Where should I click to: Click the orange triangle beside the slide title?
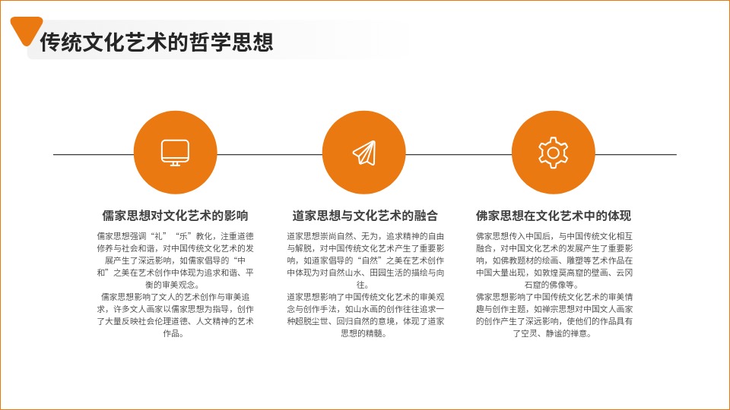click(x=26, y=29)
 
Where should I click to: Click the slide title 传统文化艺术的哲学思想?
click(x=157, y=42)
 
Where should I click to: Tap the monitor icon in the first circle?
click(x=175, y=153)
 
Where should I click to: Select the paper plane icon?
click(x=364, y=153)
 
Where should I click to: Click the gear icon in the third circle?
click(x=553, y=153)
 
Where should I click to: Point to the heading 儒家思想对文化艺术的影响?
click(x=175, y=216)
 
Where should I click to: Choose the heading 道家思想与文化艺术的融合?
click(x=365, y=216)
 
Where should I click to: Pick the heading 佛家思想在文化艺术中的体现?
click(x=554, y=216)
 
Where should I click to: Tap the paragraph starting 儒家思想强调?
click(x=175, y=260)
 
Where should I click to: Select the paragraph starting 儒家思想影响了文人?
click(x=175, y=314)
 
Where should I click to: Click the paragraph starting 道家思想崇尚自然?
click(x=366, y=260)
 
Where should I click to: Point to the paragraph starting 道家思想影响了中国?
click(x=366, y=314)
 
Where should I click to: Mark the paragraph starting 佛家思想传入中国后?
click(x=554, y=260)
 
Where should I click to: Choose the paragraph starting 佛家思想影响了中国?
click(x=554, y=314)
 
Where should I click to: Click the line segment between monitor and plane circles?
click(x=269, y=154)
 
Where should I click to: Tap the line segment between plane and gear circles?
click(x=459, y=154)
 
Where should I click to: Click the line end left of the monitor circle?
click(x=53, y=154)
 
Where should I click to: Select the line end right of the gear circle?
click(x=677, y=154)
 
